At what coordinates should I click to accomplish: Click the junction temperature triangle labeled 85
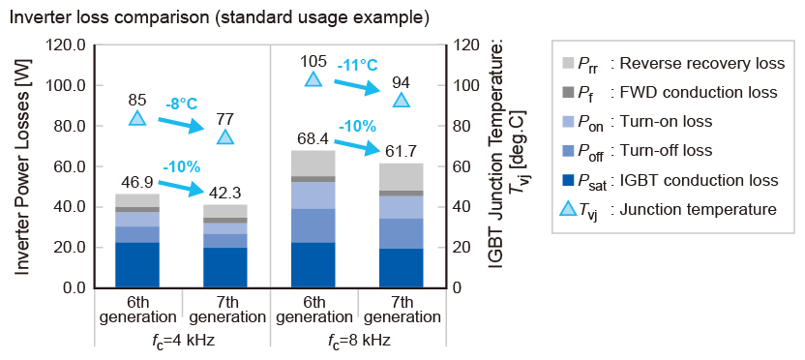pyautogui.click(x=137, y=119)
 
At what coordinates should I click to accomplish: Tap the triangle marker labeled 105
pyautogui.click(x=313, y=79)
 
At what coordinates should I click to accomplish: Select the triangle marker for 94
pyautogui.click(x=402, y=101)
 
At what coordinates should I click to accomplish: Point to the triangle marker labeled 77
pyautogui.click(x=225, y=137)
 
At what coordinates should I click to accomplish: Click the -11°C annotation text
pyautogui.click(x=357, y=66)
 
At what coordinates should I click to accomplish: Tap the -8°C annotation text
pyautogui.click(x=181, y=105)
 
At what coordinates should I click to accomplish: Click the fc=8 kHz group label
pyautogui.click(x=358, y=341)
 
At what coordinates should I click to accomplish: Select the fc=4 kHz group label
pyautogui.click(x=182, y=341)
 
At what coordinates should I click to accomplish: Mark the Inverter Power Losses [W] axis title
pyautogui.click(x=21, y=166)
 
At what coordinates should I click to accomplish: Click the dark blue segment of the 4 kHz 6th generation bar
pyautogui.click(x=137, y=265)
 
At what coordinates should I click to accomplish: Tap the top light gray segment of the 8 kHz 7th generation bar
pyautogui.click(x=402, y=177)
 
